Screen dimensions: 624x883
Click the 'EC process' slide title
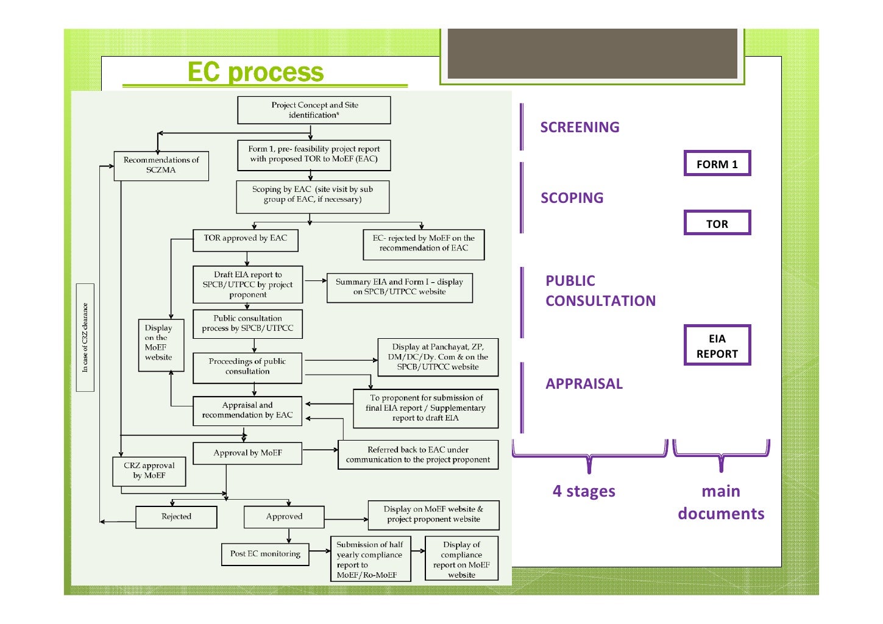tap(255, 72)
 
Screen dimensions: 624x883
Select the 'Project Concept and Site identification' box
tap(314, 110)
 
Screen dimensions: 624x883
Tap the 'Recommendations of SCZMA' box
tap(161, 166)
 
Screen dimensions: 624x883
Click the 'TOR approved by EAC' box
tap(246, 239)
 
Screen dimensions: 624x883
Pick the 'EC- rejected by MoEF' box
tap(424, 244)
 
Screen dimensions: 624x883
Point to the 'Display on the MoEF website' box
tap(161, 344)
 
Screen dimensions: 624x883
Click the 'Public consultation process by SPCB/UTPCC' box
tap(247, 324)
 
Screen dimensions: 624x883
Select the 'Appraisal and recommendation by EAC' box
tap(247, 410)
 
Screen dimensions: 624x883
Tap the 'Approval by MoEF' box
tap(247, 453)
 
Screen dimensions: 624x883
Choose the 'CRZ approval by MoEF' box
tap(149, 471)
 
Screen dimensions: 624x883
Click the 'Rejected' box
tap(176, 517)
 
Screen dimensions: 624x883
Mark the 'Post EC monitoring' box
tap(265, 555)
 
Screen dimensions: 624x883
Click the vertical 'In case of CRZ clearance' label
tap(85, 338)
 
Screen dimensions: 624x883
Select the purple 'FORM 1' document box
tap(717, 164)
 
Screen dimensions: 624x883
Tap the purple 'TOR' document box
tap(717, 224)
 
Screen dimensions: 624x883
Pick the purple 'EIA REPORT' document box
tap(717, 346)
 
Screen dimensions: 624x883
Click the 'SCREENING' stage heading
tap(580, 127)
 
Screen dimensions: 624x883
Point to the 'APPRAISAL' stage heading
tap(584, 384)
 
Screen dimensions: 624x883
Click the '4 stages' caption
tap(584, 491)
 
